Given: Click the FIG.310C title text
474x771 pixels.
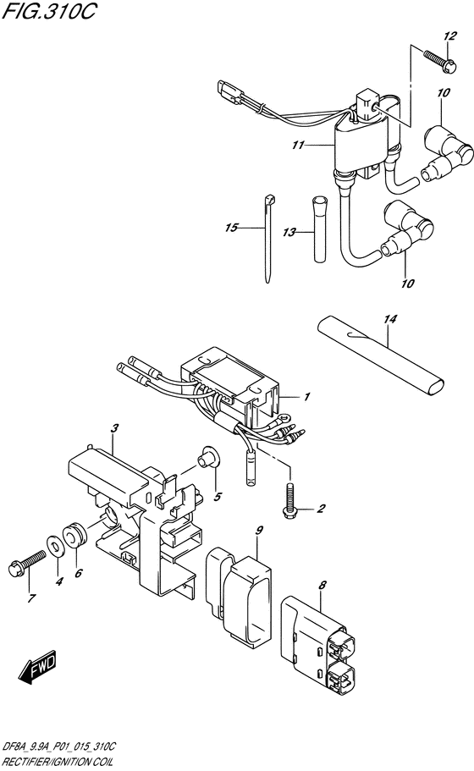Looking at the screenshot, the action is coord(49,11).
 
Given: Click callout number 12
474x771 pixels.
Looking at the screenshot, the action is coord(449,36).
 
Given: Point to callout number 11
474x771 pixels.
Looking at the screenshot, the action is coord(298,146).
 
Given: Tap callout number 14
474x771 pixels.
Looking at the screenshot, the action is coord(390,320).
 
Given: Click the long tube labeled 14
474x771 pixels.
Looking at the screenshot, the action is coord(379,354).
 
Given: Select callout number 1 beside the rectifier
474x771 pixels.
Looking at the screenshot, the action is coord(306,396).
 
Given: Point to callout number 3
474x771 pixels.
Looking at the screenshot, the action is coord(114,428).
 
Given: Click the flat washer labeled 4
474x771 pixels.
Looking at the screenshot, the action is coord(53,543).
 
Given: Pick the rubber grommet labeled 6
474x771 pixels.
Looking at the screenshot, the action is coord(74,535).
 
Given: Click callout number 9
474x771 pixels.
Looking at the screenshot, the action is coord(259,530).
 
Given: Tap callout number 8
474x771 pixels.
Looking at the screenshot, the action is coord(322,585).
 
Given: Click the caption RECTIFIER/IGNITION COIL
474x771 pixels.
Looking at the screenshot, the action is coord(58,762).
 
